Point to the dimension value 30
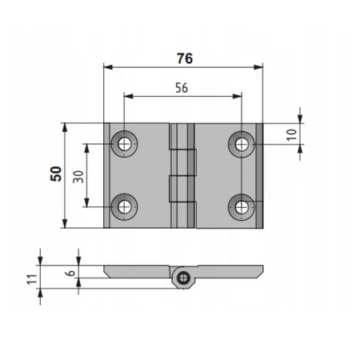[78, 175]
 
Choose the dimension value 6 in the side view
[70, 273]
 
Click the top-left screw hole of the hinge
[124, 144]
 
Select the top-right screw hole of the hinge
[241, 144]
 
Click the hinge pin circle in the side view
[185, 278]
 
